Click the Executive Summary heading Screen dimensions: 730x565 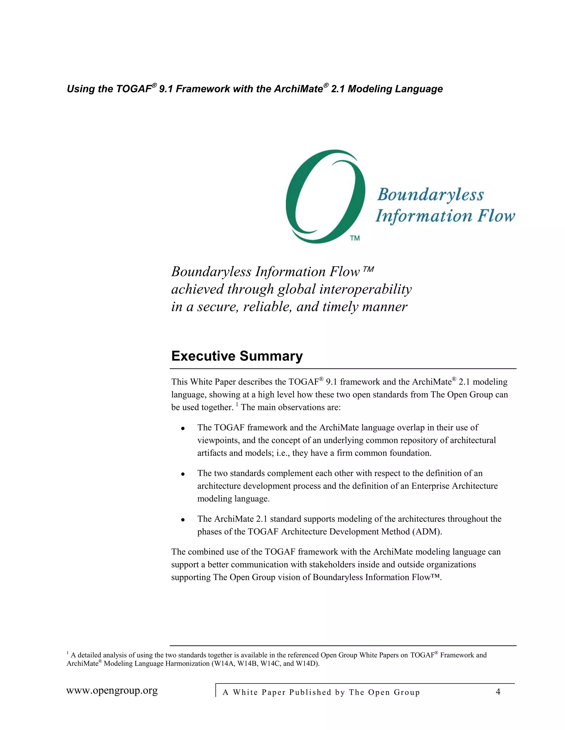point(237,356)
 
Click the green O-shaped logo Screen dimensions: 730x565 point(325,196)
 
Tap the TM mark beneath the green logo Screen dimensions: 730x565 point(355,238)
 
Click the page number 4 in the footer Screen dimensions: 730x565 point(498,691)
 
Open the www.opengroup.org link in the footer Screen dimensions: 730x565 point(112,691)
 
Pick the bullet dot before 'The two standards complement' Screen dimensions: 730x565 point(183,474)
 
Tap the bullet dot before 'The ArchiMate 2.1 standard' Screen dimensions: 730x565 point(183,520)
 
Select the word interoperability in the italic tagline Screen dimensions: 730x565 point(366,289)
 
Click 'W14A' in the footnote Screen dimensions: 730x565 point(223,664)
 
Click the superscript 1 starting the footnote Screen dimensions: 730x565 point(68,653)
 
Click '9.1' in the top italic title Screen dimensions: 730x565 point(166,89)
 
